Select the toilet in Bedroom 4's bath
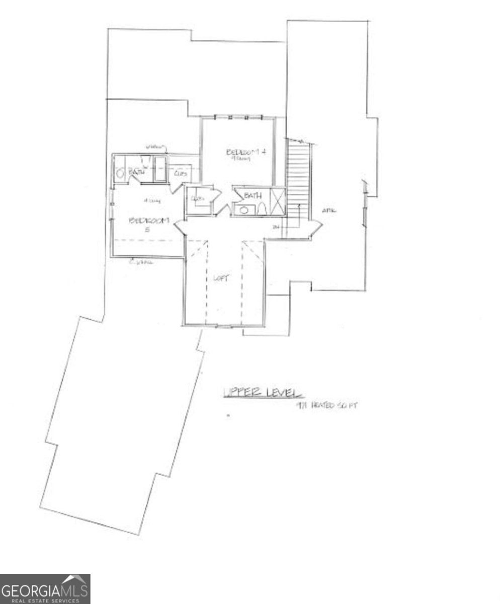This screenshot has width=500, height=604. click(x=261, y=208)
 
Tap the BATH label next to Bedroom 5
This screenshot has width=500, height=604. click(x=137, y=172)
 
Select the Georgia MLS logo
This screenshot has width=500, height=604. click(x=45, y=588)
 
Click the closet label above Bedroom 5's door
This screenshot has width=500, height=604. click(x=181, y=173)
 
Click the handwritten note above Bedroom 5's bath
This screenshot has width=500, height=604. click(x=155, y=146)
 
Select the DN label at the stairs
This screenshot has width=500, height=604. click(x=276, y=228)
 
